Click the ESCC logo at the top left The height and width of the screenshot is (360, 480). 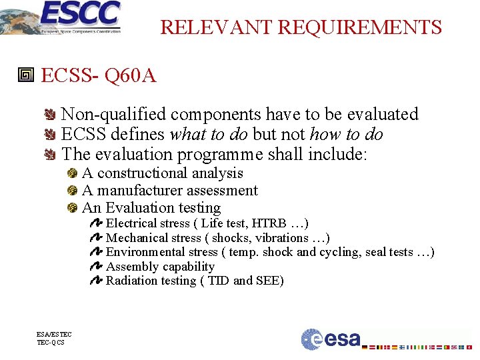point(63,17)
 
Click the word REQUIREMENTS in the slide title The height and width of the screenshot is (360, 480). point(359,27)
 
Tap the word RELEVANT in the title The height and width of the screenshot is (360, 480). point(217,27)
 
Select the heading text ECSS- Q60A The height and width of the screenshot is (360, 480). point(99,75)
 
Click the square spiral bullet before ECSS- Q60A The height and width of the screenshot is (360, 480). point(26,75)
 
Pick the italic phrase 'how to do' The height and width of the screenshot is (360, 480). point(346,134)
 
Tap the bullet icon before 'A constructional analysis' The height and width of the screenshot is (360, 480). point(72,173)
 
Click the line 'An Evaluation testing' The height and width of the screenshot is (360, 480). point(151,208)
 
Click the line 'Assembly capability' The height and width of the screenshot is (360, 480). point(160,267)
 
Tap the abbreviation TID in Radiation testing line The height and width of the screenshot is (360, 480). point(218,281)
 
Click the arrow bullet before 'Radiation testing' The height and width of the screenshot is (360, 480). point(95,281)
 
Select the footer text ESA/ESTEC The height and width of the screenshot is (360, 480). point(54,335)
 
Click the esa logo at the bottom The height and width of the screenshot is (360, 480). point(331,338)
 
